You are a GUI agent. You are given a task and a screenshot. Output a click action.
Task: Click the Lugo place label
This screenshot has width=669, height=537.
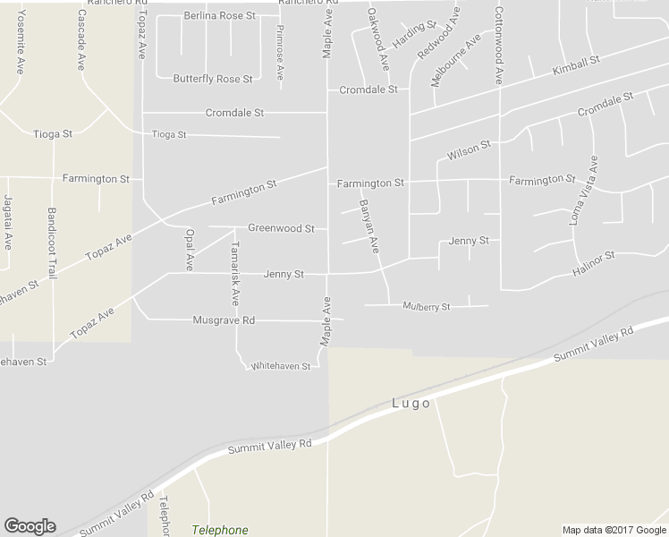pyautogui.click(x=411, y=404)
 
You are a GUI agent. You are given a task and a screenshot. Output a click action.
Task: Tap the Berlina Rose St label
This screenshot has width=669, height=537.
pyautogui.click(x=219, y=16)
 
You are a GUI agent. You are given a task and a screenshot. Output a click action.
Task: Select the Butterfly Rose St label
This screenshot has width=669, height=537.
pyautogui.click(x=213, y=79)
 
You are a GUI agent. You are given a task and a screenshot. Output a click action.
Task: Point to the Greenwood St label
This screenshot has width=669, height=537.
pyautogui.click(x=281, y=228)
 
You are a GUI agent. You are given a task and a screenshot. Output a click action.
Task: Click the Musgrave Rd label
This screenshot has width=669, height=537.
pyautogui.click(x=224, y=320)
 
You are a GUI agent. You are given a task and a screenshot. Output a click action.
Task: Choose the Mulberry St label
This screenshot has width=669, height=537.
pyautogui.click(x=426, y=306)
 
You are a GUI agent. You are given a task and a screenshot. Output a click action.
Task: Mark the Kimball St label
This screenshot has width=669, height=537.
pyautogui.click(x=575, y=65)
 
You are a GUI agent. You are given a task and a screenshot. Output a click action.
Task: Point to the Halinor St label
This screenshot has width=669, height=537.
pyautogui.click(x=594, y=262)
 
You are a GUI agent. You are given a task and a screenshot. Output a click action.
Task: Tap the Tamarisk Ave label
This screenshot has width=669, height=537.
pyautogui.click(x=235, y=272)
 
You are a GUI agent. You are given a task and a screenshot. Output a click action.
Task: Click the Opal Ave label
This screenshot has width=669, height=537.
pyautogui.click(x=189, y=249)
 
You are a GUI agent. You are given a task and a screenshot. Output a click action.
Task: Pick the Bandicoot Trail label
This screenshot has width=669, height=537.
pyautogui.click(x=52, y=244)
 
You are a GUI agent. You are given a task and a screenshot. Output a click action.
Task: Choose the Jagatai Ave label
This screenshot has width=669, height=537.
pyautogui.click(x=7, y=220)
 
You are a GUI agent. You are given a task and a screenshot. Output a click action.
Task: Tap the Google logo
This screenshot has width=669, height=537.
pyautogui.click(x=30, y=526)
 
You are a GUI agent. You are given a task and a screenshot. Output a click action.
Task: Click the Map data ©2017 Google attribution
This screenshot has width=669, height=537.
pyautogui.click(x=614, y=530)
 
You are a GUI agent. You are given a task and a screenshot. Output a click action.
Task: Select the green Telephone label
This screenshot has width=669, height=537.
pyautogui.click(x=220, y=530)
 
